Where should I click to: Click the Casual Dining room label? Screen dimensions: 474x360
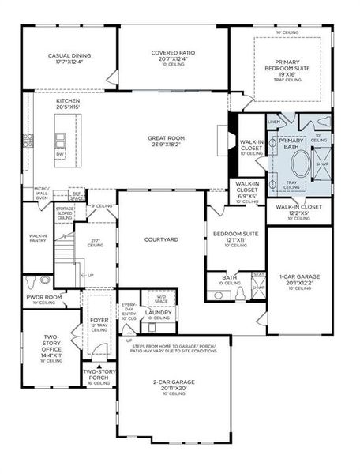(x=70, y=56)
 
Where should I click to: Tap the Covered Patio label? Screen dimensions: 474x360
(x=173, y=54)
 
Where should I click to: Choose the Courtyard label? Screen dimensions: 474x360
(x=160, y=239)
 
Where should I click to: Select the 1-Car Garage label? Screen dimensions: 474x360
(x=300, y=277)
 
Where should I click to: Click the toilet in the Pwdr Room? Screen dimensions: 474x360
(x=29, y=281)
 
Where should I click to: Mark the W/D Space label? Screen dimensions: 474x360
(x=161, y=299)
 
